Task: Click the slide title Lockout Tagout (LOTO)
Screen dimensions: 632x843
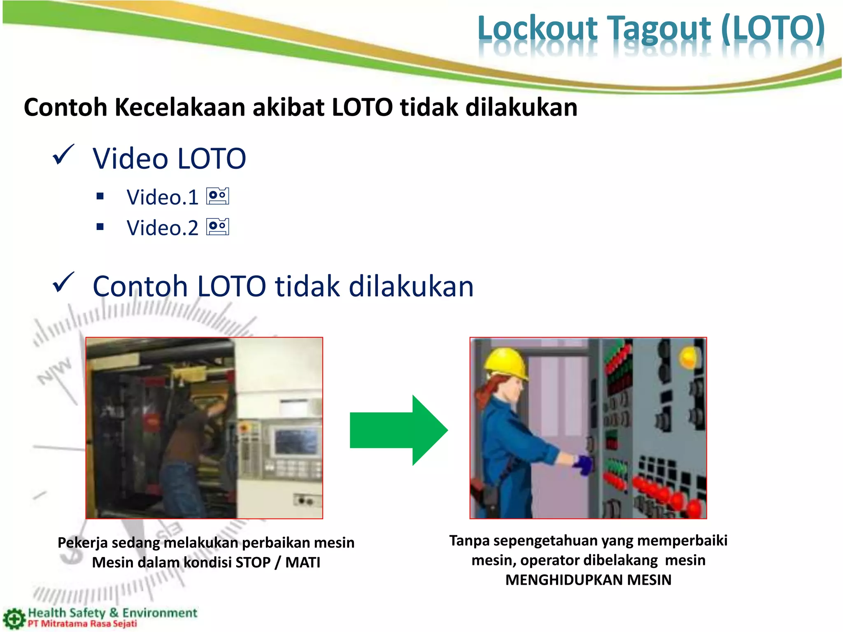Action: point(651,29)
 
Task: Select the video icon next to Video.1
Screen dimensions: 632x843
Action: point(218,196)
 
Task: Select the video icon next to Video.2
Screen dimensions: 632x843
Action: point(218,227)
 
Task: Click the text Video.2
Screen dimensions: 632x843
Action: point(162,228)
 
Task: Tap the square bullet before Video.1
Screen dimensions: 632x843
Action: point(100,196)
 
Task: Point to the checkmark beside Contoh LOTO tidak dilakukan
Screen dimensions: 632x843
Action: point(64,283)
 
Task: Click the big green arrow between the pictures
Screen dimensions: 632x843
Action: point(398,430)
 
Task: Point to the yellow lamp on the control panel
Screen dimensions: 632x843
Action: point(689,357)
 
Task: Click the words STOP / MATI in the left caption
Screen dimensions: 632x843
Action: point(278,562)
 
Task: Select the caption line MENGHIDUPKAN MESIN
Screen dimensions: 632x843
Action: point(588,580)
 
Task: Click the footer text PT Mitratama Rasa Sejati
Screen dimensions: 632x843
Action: point(82,624)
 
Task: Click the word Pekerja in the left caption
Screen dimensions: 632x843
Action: point(82,543)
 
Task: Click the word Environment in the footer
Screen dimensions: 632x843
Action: point(160,613)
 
